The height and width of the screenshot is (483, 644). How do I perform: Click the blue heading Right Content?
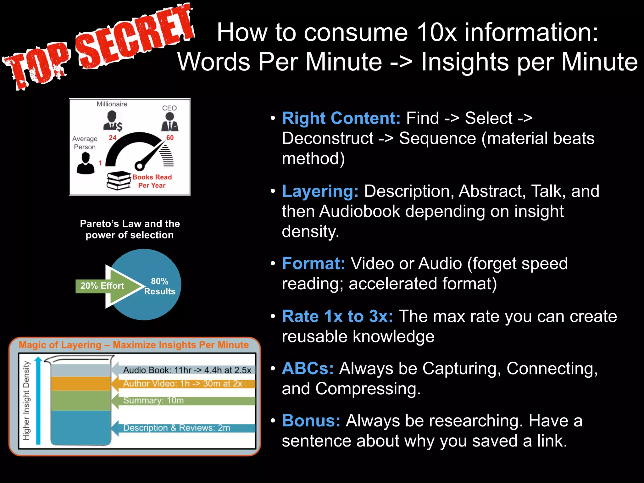click(x=341, y=119)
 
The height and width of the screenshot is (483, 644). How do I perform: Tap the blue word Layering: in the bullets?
click(x=320, y=191)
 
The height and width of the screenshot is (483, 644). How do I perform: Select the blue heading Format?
click(x=313, y=264)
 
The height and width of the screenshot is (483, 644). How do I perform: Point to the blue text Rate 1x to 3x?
click(x=337, y=316)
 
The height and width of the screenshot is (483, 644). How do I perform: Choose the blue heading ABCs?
click(x=308, y=369)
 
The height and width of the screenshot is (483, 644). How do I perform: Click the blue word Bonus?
click(x=311, y=421)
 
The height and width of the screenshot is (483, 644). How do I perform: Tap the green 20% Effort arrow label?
click(x=102, y=286)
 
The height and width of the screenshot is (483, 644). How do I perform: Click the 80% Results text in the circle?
click(x=159, y=286)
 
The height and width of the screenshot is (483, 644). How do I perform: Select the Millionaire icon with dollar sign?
click(x=113, y=121)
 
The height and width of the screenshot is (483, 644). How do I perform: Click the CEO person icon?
click(x=169, y=122)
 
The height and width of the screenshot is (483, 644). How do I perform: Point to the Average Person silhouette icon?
click(x=86, y=163)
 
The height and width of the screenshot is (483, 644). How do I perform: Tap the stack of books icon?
click(x=119, y=181)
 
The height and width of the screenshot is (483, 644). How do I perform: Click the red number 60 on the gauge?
click(x=170, y=138)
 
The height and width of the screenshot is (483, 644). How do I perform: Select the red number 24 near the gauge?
click(x=113, y=138)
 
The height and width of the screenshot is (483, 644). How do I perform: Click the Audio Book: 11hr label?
click(x=187, y=370)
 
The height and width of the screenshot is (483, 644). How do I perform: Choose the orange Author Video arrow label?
click(x=183, y=384)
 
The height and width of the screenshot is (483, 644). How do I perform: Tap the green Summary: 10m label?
click(x=153, y=401)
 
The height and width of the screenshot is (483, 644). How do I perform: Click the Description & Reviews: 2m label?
click(x=176, y=428)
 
